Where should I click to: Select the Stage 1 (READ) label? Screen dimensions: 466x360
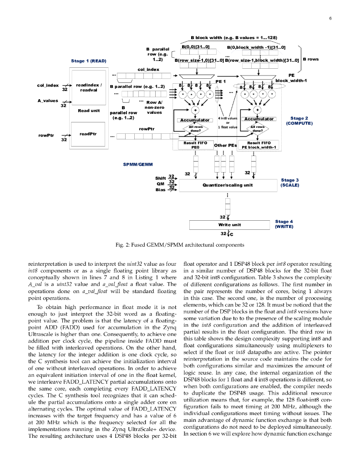pyautogui.click(x=89, y=61)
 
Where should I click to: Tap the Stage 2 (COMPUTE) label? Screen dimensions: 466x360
pyautogui.click(x=299, y=121)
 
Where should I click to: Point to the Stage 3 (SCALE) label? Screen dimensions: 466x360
pyautogui.click(x=290, y=182)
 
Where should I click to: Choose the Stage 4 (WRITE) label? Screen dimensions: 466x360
pyautogui.click(x=284, y=223)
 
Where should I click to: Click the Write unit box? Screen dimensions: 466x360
pyautogui.click(x=229, y=225)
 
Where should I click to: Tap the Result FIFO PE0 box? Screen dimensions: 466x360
pyautogui.click(x=195, y=145)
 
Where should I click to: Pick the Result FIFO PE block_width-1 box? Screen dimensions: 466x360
pyautogui.click(x=259, y=145)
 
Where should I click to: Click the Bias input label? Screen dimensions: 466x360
pyautogui.click(x=160, y=190)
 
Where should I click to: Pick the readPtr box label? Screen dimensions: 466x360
pyautogui.click(x=88, y=134)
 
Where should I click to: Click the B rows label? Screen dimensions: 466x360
pyautogui.click(x=310, y=59)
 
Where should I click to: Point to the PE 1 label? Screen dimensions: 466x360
pyautogui.click(x=221, y=81)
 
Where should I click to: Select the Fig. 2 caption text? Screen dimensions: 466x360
pyautogui.click(x=180, y=245)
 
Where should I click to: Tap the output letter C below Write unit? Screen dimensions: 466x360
pyautogui.click(x=231, y=235)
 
